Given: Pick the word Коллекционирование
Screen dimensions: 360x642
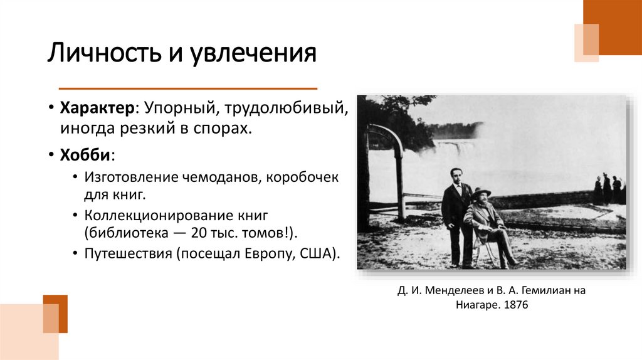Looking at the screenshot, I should click(155, 216).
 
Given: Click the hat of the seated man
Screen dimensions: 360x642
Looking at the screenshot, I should click(481, 191).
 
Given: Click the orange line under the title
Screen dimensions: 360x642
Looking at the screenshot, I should click(188, 88).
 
